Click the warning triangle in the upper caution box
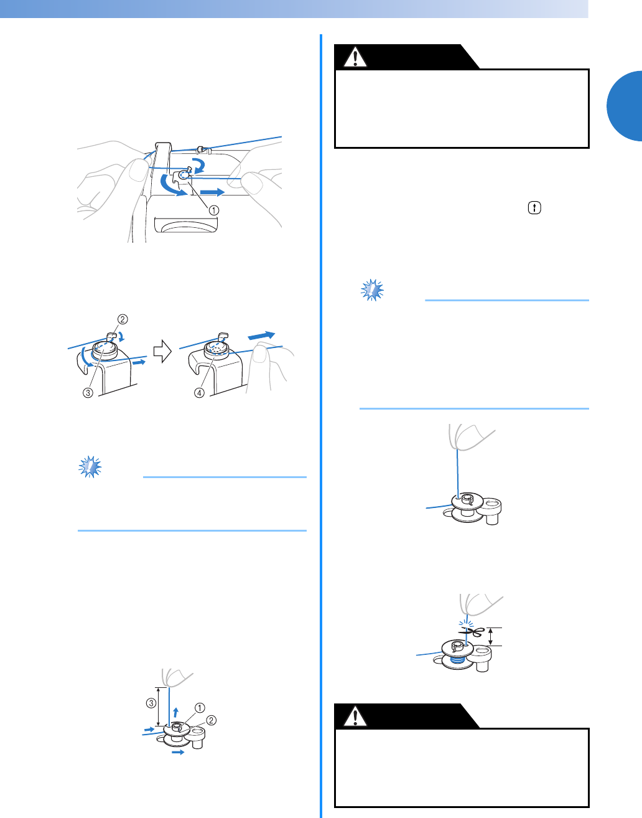(355, 57)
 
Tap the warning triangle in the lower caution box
(355, 716)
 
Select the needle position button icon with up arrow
(534, 208)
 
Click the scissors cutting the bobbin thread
(472, 632)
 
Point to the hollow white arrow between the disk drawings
(162, 351)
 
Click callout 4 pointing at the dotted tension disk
(199, 393)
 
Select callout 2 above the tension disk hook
(123, 319)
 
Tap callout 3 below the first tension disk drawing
(88, 393)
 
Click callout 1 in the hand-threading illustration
(213, 210)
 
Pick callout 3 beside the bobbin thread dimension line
(151, 703)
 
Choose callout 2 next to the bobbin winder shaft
(212, 720)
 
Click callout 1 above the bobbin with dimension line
(200, 708)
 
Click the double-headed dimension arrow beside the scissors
(490, 637)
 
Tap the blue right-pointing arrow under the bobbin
(178, 752)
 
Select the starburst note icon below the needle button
(372, 290)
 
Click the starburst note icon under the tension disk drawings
(90, 467)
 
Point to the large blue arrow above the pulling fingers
(261, 336)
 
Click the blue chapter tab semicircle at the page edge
(625, 106)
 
